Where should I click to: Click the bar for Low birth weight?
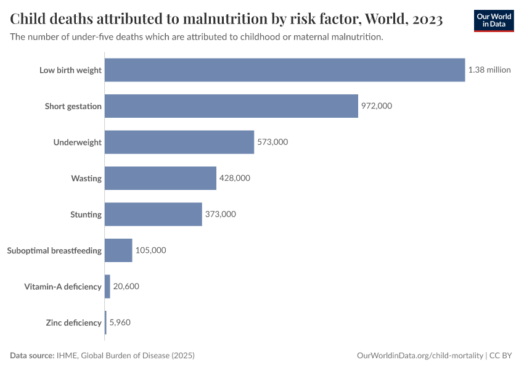point(284,70)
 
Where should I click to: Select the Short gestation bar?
point(231,106)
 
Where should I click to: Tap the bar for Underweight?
point(179,142)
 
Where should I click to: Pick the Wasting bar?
point(160,178)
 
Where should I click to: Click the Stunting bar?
point(153,214)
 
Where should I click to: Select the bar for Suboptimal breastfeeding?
point(118,250)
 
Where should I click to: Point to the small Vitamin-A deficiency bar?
point(107,287)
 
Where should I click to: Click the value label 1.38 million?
point(489,70)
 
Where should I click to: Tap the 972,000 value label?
point(376,106)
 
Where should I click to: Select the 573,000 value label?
point(272,142)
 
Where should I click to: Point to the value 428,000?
point(234,178)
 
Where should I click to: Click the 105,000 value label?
point(150,250)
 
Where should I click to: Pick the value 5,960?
point(120,323)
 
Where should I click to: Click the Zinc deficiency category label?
point(73,323)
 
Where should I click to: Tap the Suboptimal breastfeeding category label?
point(54,250)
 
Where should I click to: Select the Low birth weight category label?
point(70,70)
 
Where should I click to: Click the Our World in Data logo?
point(494,20)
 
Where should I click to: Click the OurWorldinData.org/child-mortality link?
point(420,356)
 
